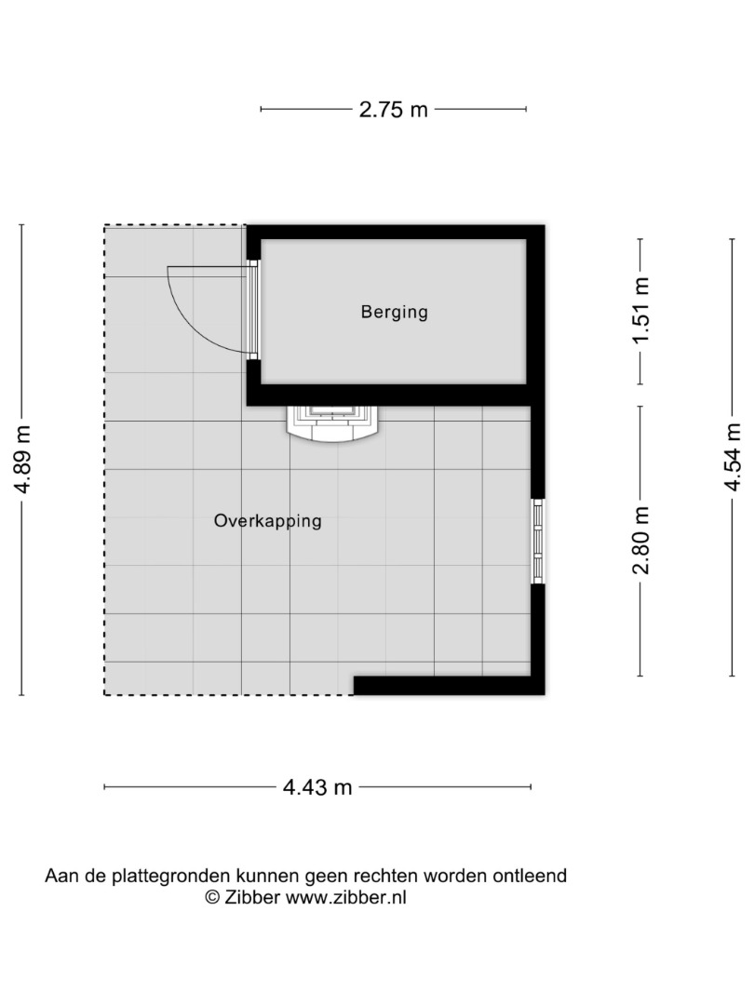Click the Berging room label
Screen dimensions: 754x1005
[395, 312]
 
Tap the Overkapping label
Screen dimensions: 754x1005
[268, 520]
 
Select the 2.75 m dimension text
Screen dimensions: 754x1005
[393, 110]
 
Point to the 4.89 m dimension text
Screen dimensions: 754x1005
[23, 459]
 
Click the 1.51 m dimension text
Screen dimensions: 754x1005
[641, 310]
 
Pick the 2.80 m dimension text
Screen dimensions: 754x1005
[641, 540]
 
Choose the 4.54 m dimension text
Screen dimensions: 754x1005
[733, 457]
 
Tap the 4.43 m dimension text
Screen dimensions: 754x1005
[317, 787]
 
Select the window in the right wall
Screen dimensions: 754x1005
[538, 542]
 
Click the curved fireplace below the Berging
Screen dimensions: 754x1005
[333, 424]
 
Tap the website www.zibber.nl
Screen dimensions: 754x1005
[345, 897]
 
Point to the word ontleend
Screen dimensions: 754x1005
[530, 876]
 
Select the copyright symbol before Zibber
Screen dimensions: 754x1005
[212, 897]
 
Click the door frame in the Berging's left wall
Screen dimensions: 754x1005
[253, 310]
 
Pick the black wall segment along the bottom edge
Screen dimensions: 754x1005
[449, 686]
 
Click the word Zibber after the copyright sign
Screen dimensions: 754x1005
[252, 897]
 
